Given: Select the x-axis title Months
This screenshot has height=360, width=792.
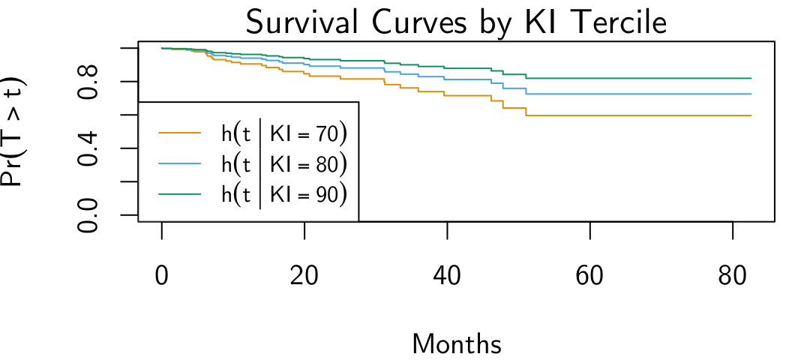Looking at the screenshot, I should click(x=457, y=344).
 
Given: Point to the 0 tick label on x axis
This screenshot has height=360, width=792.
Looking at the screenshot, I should click(x=162, y=276).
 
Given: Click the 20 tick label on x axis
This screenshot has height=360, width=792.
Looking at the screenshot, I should click(x=304, y=276).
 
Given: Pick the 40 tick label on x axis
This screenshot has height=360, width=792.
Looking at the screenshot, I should click(x=447, y=276).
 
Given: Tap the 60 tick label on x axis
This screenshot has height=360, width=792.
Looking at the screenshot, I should click(x=590, y=276).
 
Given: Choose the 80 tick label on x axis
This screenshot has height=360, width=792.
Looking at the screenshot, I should click(x=733, y=276).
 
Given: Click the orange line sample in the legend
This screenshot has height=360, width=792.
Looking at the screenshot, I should click(x=180, y=133).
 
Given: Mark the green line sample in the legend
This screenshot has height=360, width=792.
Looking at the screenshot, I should click(x=180, y=193).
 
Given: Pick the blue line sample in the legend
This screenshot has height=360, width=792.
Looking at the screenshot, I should click(x=180, y=163).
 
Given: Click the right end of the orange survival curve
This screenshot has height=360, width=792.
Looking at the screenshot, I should click(x=751, y=115).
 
